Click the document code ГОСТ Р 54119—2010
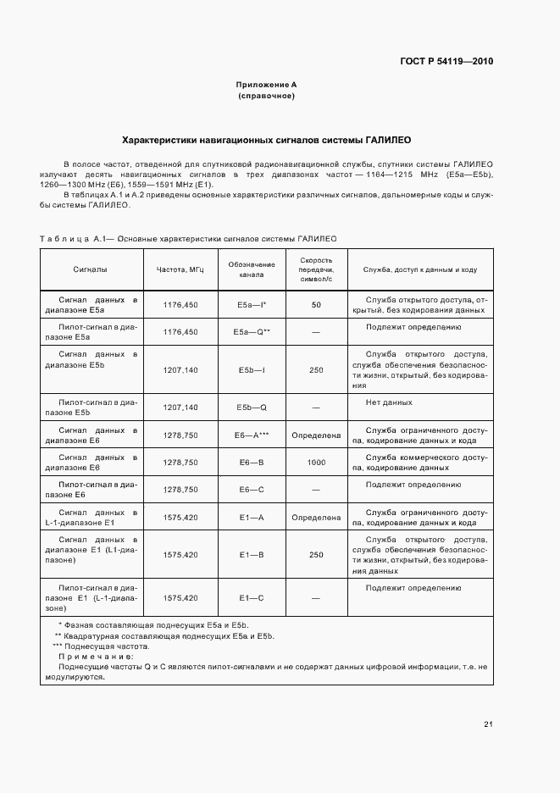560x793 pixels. tap(446, 61)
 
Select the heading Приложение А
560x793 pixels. tap(266, 85)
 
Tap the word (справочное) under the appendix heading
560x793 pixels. tap(266, 96)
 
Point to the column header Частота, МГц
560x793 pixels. tap(180, 269)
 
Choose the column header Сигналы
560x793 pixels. tap(92, 269)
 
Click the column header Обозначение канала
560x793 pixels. tap(252, 269)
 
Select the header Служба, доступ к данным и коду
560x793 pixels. tap(420, 269)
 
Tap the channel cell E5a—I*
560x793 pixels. tap(252, 304)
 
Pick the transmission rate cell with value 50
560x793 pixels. tap(316, 304)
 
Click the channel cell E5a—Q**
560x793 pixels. tap(252, 332)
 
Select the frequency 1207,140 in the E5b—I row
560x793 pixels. tap(180, 370)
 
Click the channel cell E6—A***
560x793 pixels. tap(252, 435)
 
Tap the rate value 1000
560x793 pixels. tap(316, 463)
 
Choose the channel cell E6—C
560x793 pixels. tap(252, 490)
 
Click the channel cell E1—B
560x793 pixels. tap(252, 554)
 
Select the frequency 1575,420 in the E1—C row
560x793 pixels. tap(180, 598)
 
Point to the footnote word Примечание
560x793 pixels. tap(96, 657)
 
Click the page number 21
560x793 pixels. tap(488, 724)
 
